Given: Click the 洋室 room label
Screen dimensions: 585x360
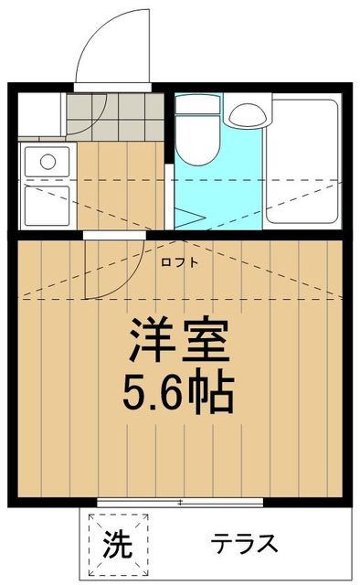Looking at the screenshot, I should [x=180, y=343].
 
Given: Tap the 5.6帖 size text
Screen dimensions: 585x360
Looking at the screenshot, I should [x=180, y=393].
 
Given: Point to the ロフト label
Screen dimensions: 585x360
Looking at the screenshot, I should [x=179, y=264].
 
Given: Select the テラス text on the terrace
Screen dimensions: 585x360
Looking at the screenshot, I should [x=244, y=545].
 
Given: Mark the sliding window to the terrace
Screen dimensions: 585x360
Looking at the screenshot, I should [x=180, y=502].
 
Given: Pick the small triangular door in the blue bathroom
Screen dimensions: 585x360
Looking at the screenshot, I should [x=188, y=217].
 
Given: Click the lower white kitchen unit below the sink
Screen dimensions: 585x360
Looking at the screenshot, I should [x=45, y=206].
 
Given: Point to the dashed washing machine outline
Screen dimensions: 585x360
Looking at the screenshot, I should [x=116, y=545].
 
